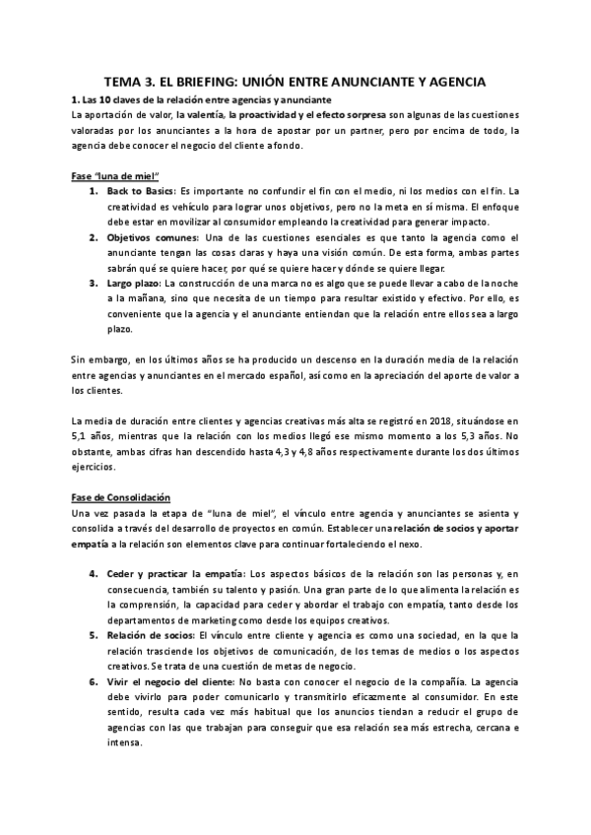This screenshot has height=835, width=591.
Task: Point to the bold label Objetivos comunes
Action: click(154, 237)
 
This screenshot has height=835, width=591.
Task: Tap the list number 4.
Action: click(94, 573)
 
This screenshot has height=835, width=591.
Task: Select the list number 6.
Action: click(94, 682)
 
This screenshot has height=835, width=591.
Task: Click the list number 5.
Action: click(94, 635)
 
